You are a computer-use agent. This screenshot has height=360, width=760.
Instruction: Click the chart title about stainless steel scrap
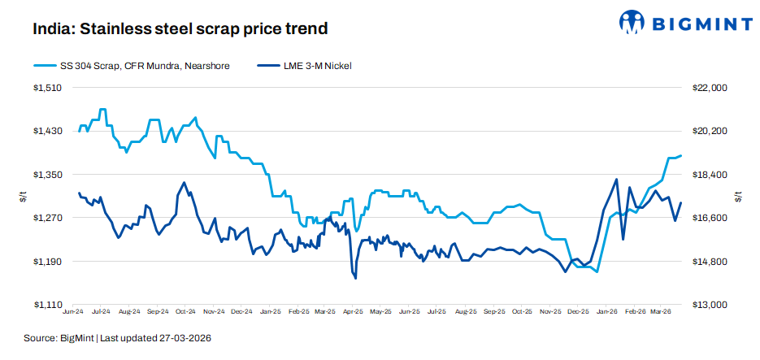pyautogui.click(x=180, y=29)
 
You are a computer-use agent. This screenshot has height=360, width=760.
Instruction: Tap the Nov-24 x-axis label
pyautogui.click(x=214, y=311)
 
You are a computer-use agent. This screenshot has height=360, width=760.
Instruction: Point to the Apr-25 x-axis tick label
pyautogui.click(x=354, y=311)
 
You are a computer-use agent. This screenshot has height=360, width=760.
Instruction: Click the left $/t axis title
pyautogui.click(x=22, y=196)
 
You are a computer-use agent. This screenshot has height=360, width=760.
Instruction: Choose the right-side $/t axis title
pyautogui.click(x=738, y=196)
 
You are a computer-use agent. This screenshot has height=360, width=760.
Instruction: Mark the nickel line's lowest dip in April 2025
pyautogui.click(x=356, y=278)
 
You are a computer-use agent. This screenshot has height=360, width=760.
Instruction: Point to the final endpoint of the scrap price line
pyautogui.click(x=681, y=155)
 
